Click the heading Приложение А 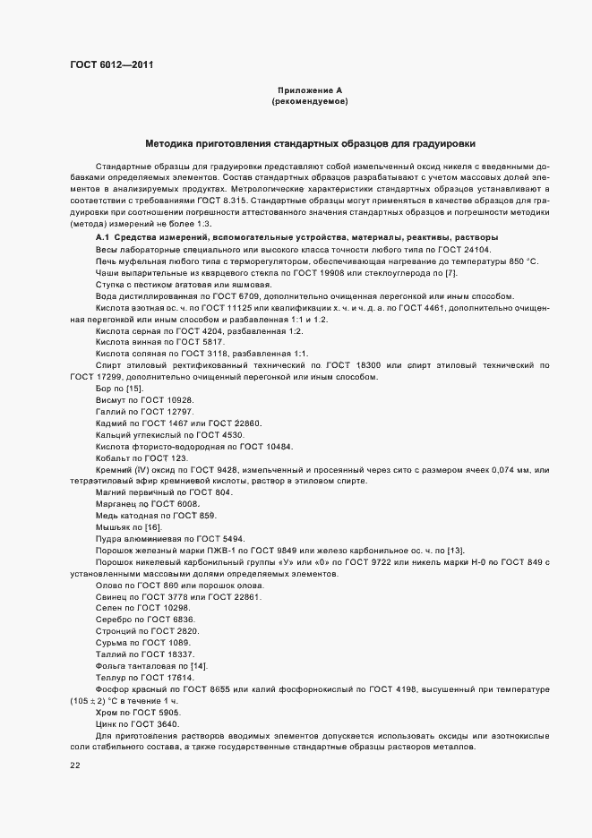(309, 91)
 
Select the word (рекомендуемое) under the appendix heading (309, 102)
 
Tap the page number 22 (74, 765)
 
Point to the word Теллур (110, 678)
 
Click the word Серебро (113, 620)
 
